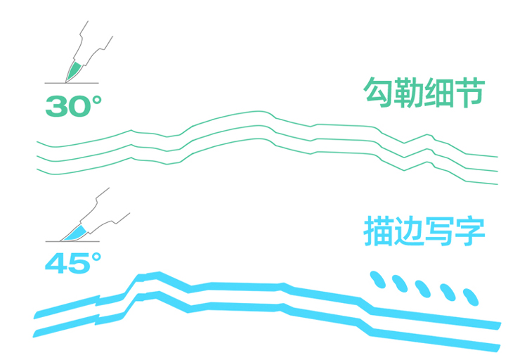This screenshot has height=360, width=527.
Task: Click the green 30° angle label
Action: pyautogui.click(x=73, y=106)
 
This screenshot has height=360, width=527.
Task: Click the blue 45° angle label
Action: pyautogui.click(x=73, y=263)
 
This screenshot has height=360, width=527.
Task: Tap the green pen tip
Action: pyautogui.click(x=73, y=71)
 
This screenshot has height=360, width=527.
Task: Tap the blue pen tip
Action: pyautogui.click(x=75, y=231)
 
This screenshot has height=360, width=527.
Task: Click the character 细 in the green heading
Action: pyautogui.click(x=440, y=92)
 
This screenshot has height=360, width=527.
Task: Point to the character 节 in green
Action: pyautogui.click(x=471, y=92)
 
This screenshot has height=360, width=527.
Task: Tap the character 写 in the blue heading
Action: pyautogui.click(x=440, y=232)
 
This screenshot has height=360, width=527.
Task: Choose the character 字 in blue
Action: pyautogui.click(x=471, y=232)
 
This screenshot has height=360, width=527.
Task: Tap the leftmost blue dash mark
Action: pyautogui.click(x=378, y=279)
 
